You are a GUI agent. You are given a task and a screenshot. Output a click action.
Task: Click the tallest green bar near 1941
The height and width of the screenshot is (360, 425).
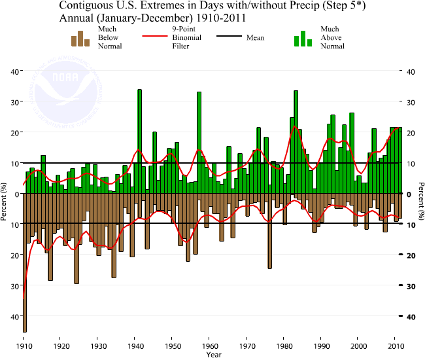click(139, 141)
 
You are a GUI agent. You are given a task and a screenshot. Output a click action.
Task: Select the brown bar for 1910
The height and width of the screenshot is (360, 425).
click(24, 262)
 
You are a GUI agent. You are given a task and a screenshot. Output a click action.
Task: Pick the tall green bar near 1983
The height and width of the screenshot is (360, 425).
click(296, 141)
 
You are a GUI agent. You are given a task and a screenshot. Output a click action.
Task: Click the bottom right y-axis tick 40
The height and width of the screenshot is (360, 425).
click(411, 317)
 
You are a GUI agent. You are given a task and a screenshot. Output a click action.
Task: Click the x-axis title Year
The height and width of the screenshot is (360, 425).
click(213, 355)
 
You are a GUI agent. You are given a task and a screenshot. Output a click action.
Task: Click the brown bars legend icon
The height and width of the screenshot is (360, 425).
click(80, 39)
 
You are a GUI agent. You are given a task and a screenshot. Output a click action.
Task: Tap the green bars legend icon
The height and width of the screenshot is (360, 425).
click(303, 39)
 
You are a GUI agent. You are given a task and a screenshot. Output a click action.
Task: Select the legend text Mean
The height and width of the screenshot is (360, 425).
click(255, 38)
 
